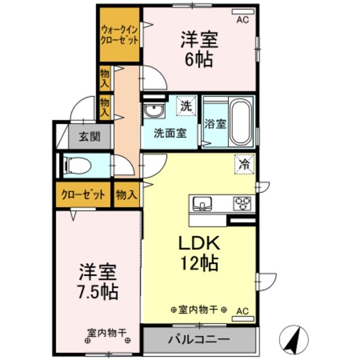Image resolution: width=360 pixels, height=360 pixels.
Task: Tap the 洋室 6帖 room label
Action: pyautogui.click(x=199, y=50)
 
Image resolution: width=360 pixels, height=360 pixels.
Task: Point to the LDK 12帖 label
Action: pyautogui.click(x=199, y=253)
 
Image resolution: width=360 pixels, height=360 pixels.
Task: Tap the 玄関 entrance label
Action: pyautogui.click(x=89, y=136)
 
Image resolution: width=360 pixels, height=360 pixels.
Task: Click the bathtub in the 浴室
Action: pyautogui.click(x=241, y=123)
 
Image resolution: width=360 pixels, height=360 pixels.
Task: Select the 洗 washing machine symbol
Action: pyautogui.click(x=186, y=105)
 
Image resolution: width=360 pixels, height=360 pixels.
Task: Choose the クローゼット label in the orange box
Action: pyautogui.click(x=83, y=195)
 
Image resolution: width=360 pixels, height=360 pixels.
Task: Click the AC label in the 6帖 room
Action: pyautogui.click(x=242, y=19)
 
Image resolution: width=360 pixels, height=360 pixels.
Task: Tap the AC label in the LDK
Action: pyautogui.click(x=242, y=310)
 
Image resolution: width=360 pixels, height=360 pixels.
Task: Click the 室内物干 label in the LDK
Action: pyautogui.click(x=199, y=310)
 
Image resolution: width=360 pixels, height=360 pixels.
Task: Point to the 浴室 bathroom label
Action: pyautogui.click(x=215, y=124)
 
